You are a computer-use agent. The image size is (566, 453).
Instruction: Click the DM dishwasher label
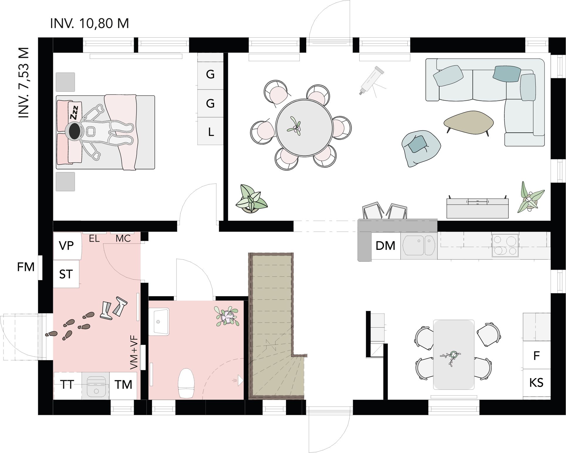click(385, 246)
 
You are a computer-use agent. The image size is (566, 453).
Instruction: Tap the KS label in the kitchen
click(536, 383)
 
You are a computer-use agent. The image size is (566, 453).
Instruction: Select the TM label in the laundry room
click(123, 385)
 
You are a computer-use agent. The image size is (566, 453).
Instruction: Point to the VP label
click(66, 246)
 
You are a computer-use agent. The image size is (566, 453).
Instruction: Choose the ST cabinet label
click(66, 274)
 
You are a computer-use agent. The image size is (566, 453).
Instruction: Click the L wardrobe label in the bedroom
click(211, 132)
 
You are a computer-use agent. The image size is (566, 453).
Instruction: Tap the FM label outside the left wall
click(26, 267)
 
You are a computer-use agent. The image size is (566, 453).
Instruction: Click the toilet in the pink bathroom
click(186, 383)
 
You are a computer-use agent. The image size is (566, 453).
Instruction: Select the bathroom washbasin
click(159, 321)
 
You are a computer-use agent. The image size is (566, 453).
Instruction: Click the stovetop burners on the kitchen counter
click(505, 245)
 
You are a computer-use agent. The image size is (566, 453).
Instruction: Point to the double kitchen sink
click(418, 246)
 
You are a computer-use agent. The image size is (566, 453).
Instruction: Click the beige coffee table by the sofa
click(469, 122)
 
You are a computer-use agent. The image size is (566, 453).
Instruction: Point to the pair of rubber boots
click(113, 307)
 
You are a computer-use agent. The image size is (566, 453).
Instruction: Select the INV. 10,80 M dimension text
click(90, 23)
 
